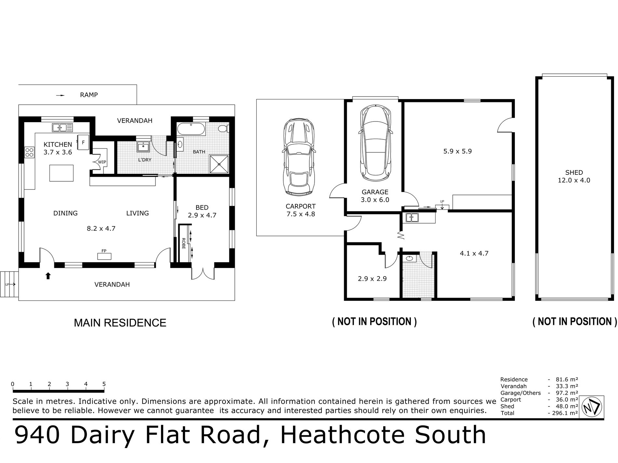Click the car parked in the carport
[299, 157]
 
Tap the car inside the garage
[375, 143]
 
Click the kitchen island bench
[61, 173]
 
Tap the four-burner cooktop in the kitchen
[29, 152]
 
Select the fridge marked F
[83, 142]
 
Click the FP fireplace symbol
[104, 256]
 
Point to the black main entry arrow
[48, 276]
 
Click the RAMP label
[89, 95]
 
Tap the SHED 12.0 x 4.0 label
[574, 176]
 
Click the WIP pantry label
[102, 162]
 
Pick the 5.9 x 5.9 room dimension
[458, 151]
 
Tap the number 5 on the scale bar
[104, 384]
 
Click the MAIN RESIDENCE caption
[120, 323]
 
